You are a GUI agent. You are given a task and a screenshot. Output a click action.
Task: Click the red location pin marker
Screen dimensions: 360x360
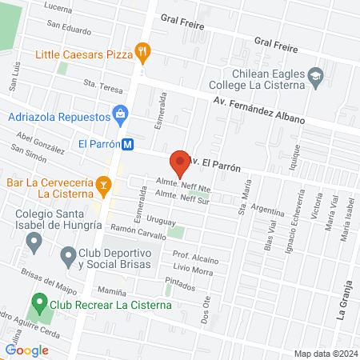180,162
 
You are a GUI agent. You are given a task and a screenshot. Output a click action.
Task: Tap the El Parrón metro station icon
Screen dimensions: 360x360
128,145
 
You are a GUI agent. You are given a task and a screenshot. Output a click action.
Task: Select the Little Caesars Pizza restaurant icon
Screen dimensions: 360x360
143,54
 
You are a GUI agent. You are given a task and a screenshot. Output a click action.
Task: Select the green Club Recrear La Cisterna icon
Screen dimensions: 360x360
38,304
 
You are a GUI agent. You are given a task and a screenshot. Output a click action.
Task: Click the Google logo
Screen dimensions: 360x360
26,350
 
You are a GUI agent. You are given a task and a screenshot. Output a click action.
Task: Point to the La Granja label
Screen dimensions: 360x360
342,305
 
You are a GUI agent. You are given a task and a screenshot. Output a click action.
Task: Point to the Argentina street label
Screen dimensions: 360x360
245,207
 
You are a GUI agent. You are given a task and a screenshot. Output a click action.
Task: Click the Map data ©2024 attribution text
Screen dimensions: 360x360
325,353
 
